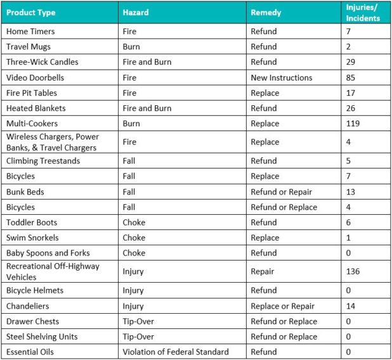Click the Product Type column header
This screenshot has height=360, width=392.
(31, 13)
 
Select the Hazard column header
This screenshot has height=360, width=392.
(136, 13)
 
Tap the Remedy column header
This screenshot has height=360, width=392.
(266, 13)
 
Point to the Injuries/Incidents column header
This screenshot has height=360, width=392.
(363, 13)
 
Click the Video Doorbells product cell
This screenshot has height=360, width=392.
(36, 78)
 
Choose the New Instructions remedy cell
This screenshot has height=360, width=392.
(282, 78)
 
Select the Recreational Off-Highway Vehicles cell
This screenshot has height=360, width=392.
(53, 271)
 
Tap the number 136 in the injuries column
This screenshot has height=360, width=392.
(353, 271)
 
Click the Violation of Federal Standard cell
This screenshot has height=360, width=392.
(175, 352)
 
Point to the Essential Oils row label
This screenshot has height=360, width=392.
(30, 352)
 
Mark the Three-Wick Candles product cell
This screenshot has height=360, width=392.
(42, 62)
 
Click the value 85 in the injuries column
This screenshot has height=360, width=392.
(351, 78)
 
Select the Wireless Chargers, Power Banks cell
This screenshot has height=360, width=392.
(53, 142)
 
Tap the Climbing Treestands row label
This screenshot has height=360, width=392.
(43, 161)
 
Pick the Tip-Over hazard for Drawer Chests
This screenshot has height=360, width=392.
(138, 321)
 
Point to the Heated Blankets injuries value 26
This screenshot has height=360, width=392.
(351, 108)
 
